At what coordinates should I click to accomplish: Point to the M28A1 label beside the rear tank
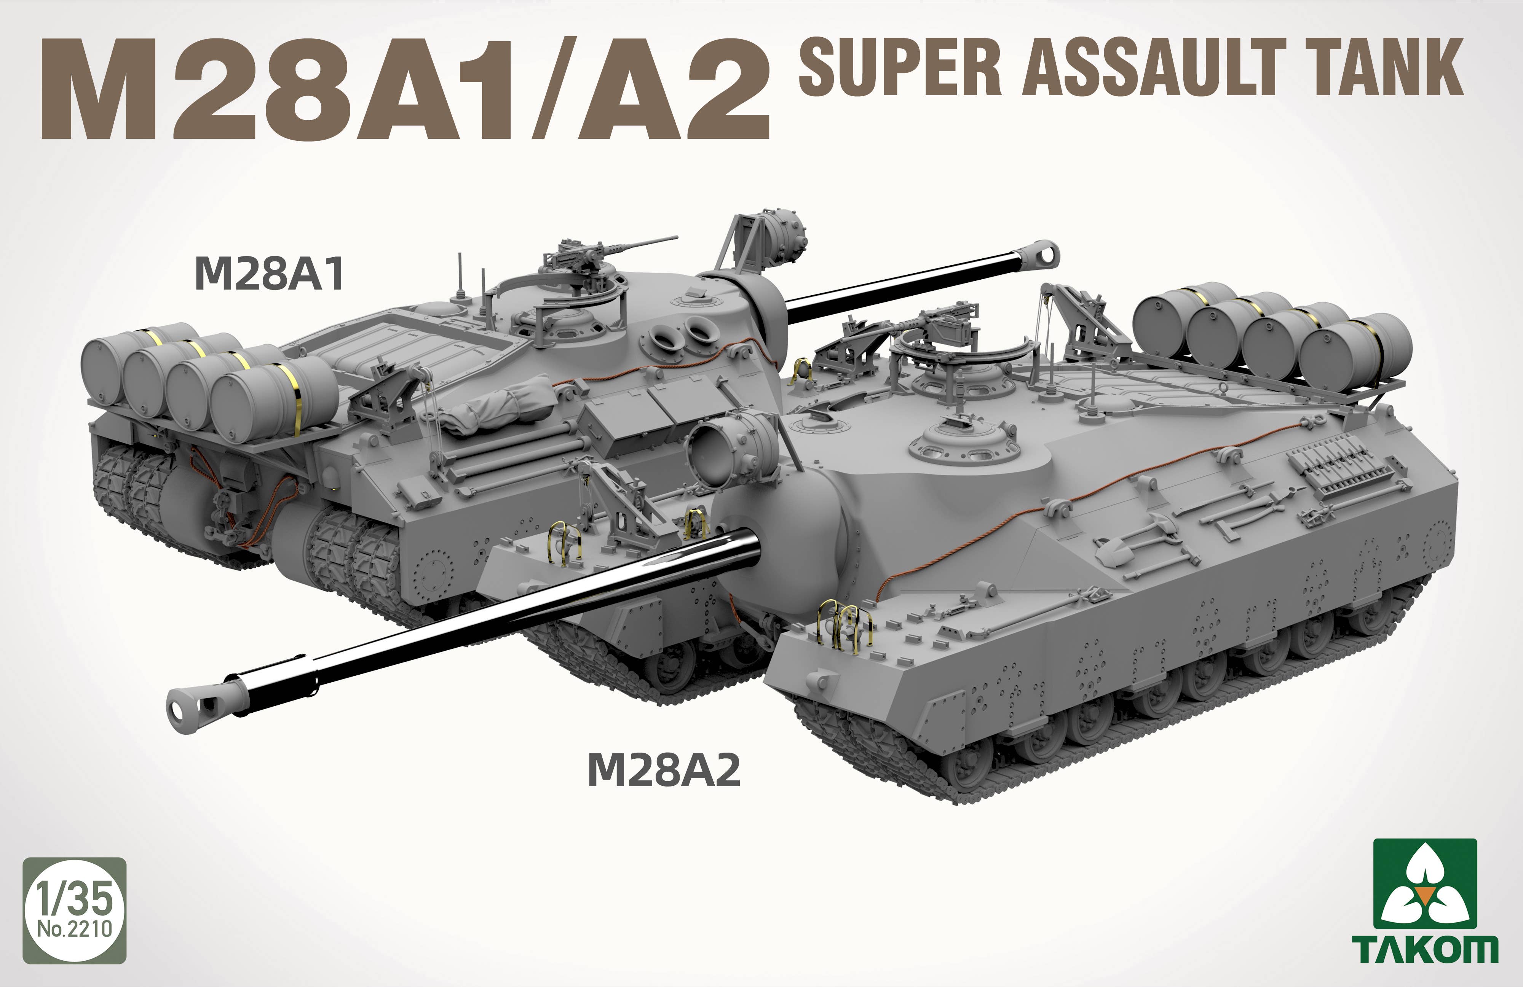pyautogui.click(x=270, y=273)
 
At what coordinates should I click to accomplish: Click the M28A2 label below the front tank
pyautogui.click(x=664, y=770)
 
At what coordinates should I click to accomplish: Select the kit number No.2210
pyautogui.click(x=75, y=928)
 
